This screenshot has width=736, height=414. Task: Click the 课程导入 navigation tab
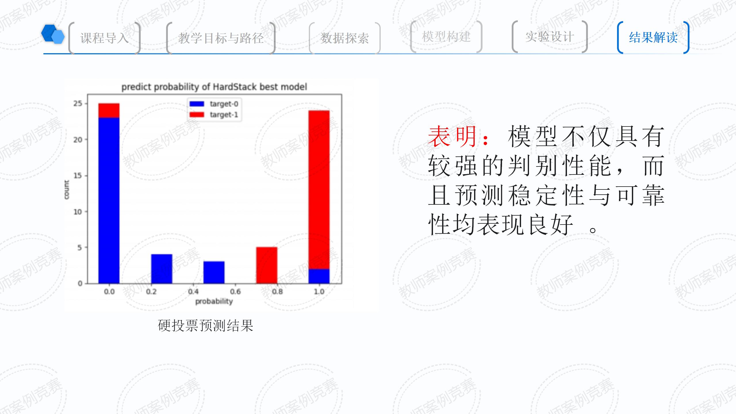click(x=104, y=38)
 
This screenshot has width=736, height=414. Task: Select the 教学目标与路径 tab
click(x=221, y=38)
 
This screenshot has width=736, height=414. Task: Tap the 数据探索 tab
click(x=345, y=38)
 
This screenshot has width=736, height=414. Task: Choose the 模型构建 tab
click(x=446, y=37)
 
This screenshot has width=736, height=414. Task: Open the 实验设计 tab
click(x=550, y=37)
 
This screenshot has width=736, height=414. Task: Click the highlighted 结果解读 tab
click(x=653, y=37)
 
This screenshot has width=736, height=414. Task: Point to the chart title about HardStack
click(x=214, y=87)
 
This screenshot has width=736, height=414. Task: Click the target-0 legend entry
click(x=214, y=104)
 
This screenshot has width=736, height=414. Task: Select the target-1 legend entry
click(x=214, y=115)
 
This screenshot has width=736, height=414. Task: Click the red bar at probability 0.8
click(x=267, y=265)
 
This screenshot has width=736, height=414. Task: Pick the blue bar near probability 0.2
click(x=162, y=269)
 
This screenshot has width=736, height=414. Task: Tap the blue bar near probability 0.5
click(x=214, y=273)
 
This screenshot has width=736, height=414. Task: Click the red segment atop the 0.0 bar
click(x=109, y=110)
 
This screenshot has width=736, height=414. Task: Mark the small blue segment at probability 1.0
click(x=319, y=276)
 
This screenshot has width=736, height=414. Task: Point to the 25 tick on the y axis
click(x=78, y=103)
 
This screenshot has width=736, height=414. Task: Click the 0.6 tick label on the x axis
click(x=235, y=292)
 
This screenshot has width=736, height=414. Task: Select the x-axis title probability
click(x=214, y=301)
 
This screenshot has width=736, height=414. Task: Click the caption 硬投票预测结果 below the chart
click(x=206, y=326)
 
